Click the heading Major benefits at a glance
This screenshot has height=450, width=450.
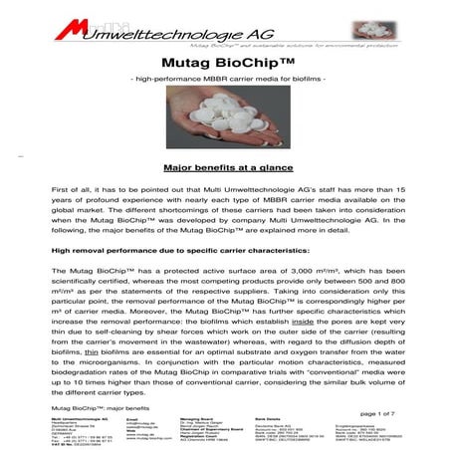(225, 170)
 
